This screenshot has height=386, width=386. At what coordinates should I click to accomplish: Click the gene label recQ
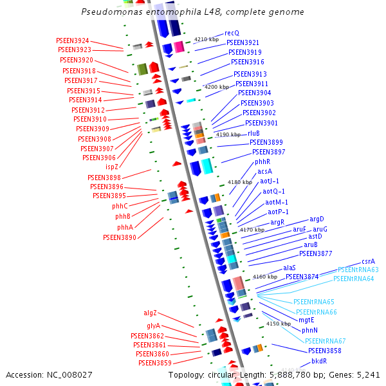232,33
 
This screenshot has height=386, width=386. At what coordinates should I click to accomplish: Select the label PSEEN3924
73,41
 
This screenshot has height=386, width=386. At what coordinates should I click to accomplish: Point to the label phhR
262,162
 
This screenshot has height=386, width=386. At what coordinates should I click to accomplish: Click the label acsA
264,172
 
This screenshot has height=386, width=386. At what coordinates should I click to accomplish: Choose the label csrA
368,261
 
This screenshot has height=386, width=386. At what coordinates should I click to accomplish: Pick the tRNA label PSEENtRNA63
358,270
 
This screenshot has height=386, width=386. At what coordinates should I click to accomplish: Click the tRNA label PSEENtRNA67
325,341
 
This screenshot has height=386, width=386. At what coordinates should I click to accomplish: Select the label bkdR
319,362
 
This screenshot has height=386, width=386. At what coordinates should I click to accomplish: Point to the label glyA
153,326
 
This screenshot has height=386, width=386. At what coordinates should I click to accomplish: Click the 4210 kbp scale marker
206,39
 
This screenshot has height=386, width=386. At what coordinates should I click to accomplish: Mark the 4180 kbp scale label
240,183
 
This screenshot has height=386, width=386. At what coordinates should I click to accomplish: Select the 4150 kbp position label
278,324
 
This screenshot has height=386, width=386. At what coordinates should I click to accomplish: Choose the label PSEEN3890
120,237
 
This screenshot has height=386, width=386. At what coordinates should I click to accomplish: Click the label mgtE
306,320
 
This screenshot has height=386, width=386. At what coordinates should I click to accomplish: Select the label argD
317,219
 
